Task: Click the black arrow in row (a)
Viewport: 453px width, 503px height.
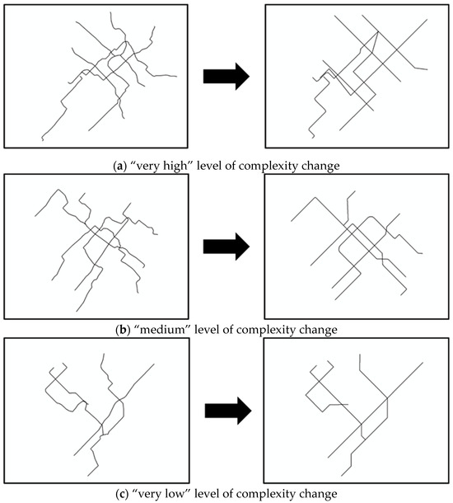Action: pos(226,77)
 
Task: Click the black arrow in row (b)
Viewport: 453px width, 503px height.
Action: pos(226,247)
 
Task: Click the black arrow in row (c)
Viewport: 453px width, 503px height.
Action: pos(228,411)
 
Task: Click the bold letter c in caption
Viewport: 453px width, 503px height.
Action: pos(122,494)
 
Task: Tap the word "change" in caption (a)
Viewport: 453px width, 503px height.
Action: pos(319,167)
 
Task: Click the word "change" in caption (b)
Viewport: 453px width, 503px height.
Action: pos(317,330)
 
